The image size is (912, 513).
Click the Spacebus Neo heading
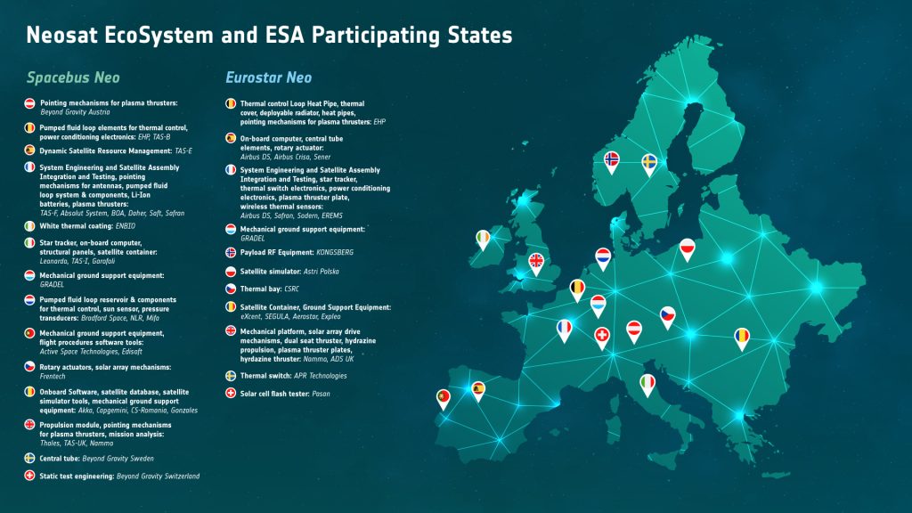71,77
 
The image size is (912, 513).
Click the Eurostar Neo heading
268,77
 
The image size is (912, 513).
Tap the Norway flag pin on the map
612,160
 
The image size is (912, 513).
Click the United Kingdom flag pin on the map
536,261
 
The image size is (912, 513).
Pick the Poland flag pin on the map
687,248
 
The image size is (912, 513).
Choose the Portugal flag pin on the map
443,398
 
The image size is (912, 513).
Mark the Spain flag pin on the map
478,389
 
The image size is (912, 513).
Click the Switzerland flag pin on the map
602,336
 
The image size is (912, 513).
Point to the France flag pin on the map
564,329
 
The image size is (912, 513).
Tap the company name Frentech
54,377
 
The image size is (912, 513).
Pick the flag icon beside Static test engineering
29,476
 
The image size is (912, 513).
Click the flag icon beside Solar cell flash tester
230,393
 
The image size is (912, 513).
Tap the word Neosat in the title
66,35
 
